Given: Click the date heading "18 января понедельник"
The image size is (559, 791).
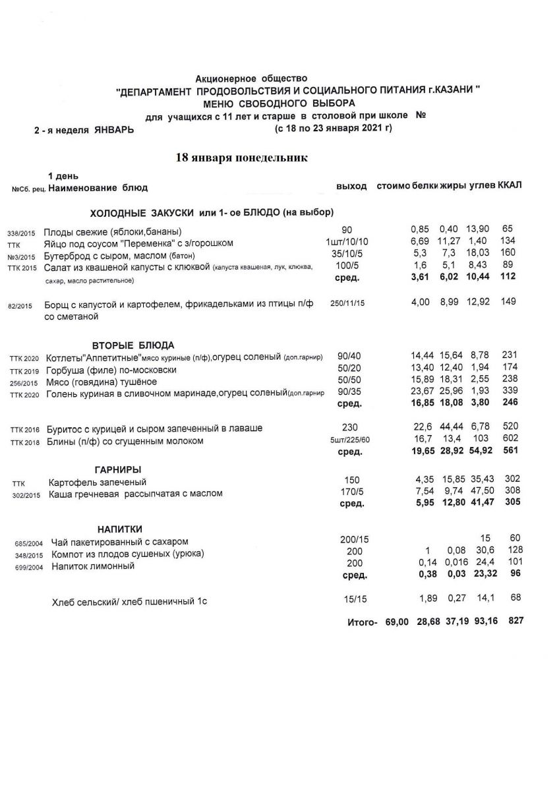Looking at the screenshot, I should [x=241, y=158].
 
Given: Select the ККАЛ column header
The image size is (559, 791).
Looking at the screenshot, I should [x=510, y=185].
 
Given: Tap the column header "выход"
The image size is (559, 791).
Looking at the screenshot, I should [x=351, y=187].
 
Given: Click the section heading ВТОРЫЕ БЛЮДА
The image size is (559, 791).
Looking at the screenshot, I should [x=132, y=344].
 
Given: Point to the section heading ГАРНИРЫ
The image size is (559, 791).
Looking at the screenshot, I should [x=117, y=469].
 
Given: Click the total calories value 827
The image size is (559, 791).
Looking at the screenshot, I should [x=516, y=621].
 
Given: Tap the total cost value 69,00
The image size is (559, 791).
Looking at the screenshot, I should [x=397, y=622].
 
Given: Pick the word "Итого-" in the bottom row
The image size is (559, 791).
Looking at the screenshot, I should [x=362, y=622].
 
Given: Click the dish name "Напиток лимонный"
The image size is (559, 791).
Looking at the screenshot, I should [x=93, y=566].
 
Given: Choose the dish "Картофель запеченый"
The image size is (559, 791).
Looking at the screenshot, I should [x=98, y=482].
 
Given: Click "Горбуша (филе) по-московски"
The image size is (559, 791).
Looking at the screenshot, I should [x=110, y=370].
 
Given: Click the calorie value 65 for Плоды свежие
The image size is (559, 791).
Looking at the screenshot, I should [x=507, y=229].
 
